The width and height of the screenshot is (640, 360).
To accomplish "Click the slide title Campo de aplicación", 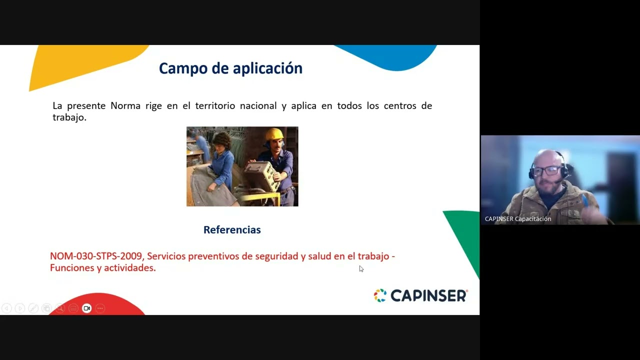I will tap(230, 68).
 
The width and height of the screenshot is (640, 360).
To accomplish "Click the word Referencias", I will tap(232, 230).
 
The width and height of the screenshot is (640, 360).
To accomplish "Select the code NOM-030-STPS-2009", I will tap(96, 256).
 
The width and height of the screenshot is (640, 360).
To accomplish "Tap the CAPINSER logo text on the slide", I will tap(428, 295).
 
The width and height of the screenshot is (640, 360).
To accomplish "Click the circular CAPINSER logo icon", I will tap(380, 295).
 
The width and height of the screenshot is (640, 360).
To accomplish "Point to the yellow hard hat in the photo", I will tap(274, 134).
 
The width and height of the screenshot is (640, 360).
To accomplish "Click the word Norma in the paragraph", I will tap(125, 105).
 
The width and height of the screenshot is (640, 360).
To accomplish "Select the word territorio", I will tap(215, 105).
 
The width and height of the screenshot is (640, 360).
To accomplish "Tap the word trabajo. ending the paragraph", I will tap(69, 117).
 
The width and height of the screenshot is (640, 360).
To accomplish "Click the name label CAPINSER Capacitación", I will tap(518, 219).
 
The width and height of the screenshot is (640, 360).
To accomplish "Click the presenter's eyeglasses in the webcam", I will tap(545, 170).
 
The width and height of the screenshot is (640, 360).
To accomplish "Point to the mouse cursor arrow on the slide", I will tap(360, 268).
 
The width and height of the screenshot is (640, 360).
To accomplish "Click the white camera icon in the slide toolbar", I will tap(86, 308).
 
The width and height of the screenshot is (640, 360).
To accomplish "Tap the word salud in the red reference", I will tap(319, 256).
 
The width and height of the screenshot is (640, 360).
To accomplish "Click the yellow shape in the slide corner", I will tap(75, 62).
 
